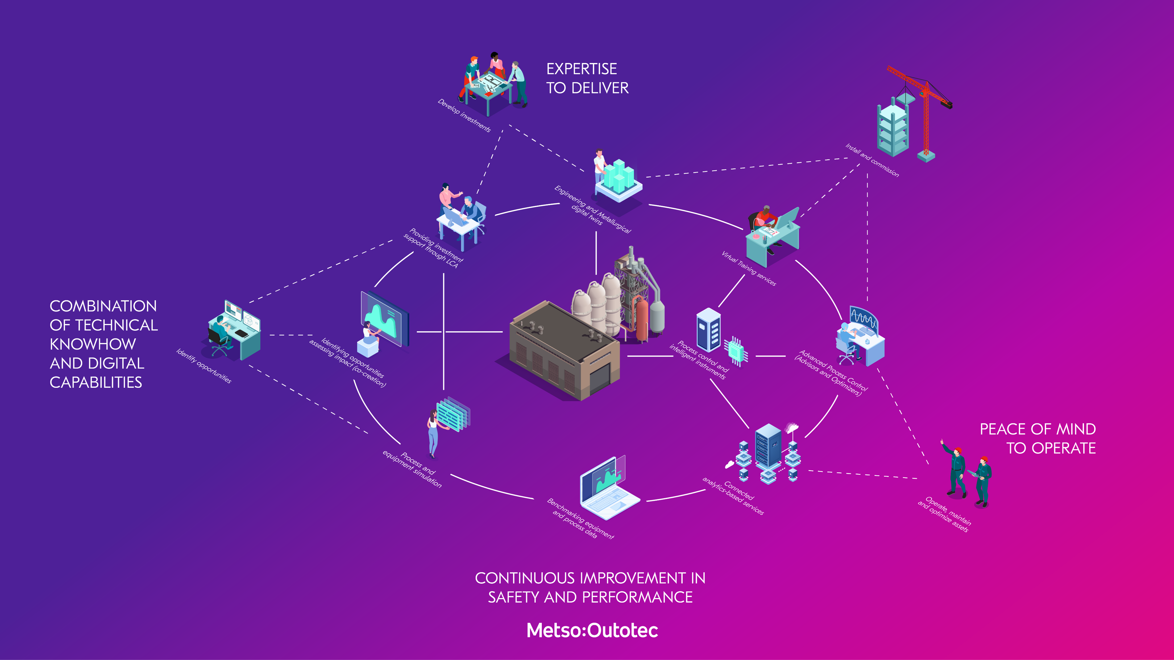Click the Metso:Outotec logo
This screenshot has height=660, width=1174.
pyautogui.click(x=592, y=630)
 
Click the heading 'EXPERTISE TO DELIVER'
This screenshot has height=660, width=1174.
pyautogui.click(x=587, y=78)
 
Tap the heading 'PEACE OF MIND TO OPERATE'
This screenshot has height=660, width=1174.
pyautogui.click(x=1038, y=438)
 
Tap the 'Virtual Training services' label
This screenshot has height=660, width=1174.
pyautogui.click(x=748, y=268)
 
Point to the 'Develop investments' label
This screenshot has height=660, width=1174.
pyautogui.click(x=464, y=116)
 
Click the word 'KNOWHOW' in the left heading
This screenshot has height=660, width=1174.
pyautogui.click(x=93, y=344)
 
